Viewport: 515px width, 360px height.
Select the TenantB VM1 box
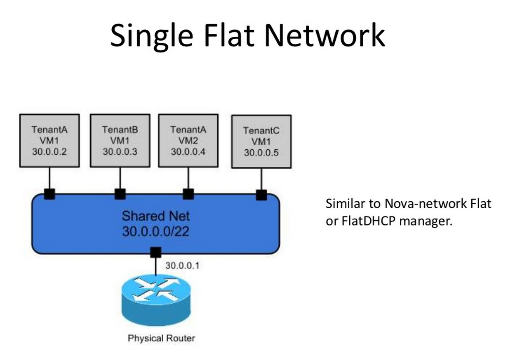(120, 141)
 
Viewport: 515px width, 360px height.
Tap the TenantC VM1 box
(261, 141)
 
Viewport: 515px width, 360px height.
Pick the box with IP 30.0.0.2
(49, 141)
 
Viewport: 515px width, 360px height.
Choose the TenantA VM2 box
(188, 141)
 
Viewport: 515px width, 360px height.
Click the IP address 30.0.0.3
(120, 151)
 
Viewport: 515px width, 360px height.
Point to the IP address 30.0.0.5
(261, 153)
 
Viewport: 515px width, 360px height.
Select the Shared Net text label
(156, 216)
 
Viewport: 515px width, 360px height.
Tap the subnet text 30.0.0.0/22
(156, 231)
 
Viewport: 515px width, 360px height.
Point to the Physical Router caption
(161, 339)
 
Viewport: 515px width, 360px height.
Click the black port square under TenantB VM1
(120, 194)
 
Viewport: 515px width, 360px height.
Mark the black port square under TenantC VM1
(261, 195)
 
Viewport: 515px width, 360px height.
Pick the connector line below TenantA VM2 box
(188, 178)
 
